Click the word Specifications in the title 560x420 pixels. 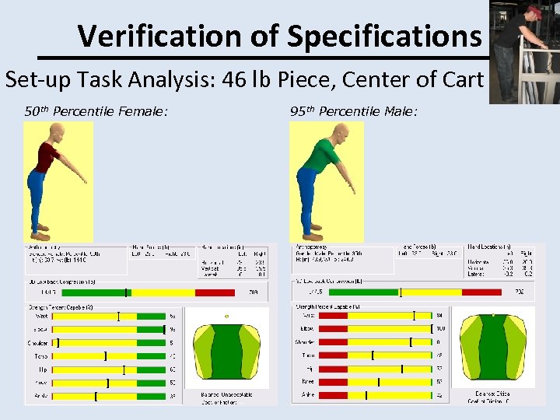(x=384, y=35)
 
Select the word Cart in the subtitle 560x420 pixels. (x=460, y=79)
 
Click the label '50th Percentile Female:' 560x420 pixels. (x=96, y=112)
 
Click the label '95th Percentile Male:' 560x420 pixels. (x=354, y=112)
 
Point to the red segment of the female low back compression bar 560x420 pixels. (x=214, y=292)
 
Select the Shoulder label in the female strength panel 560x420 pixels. (x=37, y=343)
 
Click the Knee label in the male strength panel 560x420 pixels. (x=309, y=381)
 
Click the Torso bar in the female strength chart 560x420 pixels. (x=109, y=356)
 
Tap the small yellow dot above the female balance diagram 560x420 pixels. (x=226, y=317)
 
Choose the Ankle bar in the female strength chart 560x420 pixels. (x=109, y=396)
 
